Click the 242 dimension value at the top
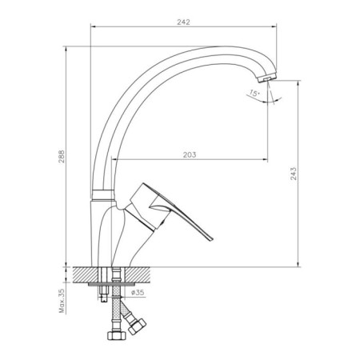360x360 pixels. pos(183,23)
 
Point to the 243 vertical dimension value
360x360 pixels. pos(294,173)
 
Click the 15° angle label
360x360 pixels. pos(253,94)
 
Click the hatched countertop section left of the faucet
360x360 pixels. pos(85,273)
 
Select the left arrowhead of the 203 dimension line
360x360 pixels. pos(117,159)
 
